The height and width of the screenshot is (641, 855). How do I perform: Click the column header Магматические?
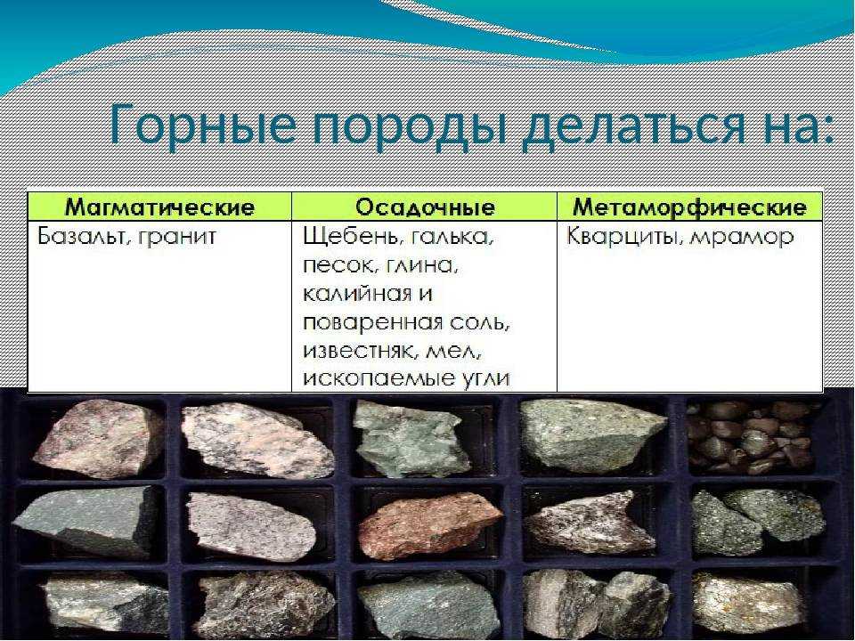point(159,207)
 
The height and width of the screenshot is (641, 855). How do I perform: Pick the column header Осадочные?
point(426,207)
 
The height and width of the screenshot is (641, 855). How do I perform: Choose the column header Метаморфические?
point(689,207)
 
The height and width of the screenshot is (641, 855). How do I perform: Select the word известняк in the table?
point(356,351)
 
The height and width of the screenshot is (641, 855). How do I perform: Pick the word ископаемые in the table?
point(370,379)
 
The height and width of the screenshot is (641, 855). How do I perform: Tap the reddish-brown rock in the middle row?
point(430,526)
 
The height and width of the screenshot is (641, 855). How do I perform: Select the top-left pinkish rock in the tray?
point(98,438)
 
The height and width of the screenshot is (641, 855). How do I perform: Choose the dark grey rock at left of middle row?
point(85,523)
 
